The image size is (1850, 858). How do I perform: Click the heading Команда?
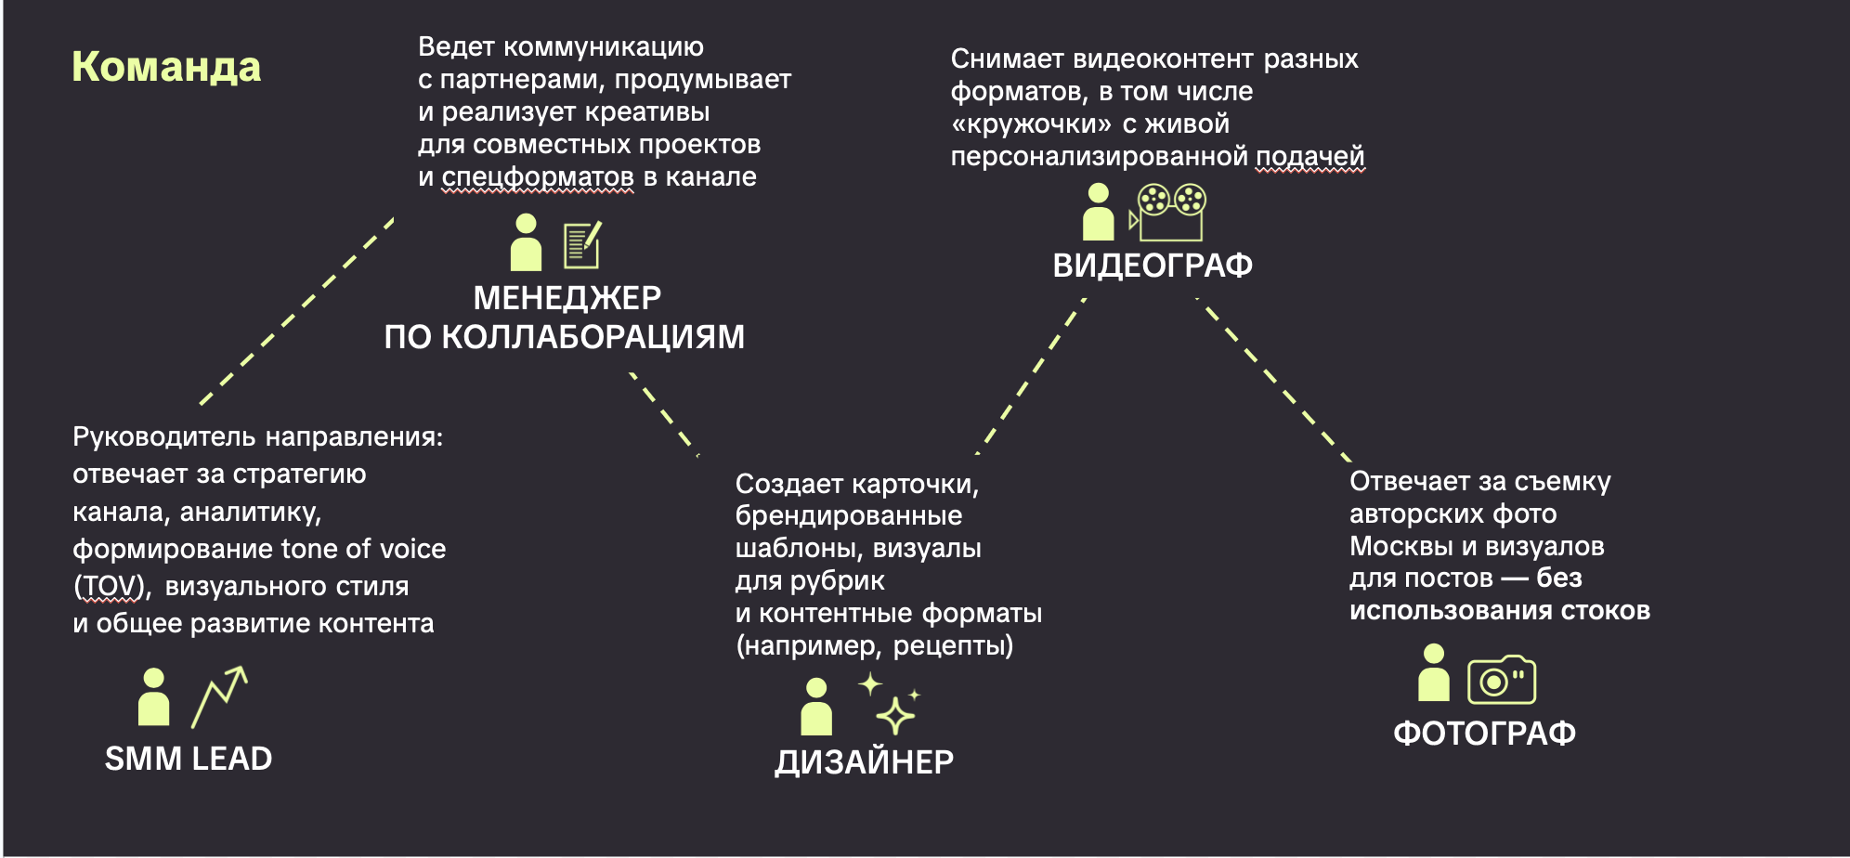click(166, 67)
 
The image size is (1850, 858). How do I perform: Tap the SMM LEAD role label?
click(189, 759)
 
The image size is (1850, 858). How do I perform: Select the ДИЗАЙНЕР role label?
click(864, 762)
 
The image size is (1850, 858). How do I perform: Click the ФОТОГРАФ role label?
click(1484, 734)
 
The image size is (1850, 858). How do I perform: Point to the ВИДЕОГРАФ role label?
click(1153, 266)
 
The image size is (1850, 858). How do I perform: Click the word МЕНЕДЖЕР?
click(567, 298)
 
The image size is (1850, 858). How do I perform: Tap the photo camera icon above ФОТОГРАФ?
click(1501, 681)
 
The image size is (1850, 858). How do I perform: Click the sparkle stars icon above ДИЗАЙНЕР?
click(890, 704)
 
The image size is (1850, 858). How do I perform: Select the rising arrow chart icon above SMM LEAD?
click(220, 696)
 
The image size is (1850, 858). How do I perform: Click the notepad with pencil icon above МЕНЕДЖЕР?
click(582, 245)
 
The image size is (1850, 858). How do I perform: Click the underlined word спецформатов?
click(537, 177)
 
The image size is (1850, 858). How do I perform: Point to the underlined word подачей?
click(1309, 156)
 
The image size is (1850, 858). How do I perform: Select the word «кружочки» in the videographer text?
click(1031, 124)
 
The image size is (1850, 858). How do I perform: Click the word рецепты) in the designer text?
click(953, 645)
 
